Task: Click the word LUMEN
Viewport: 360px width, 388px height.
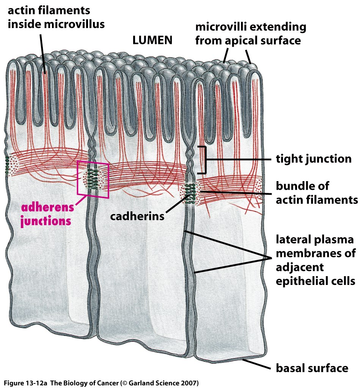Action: pos(152,40)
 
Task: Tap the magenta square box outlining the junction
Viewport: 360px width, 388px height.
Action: pos(93,179)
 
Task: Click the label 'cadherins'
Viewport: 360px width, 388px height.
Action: pos(137,216)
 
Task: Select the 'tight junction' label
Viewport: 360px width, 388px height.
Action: pos(314,159)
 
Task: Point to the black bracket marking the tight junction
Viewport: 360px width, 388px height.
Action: pos(203,160)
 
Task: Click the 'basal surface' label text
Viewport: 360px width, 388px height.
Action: pos(312,368)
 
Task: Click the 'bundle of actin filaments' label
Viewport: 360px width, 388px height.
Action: pos(317,193)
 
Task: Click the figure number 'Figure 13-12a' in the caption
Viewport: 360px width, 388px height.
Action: pos(26,383)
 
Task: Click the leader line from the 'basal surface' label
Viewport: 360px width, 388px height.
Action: pos(256,364)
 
